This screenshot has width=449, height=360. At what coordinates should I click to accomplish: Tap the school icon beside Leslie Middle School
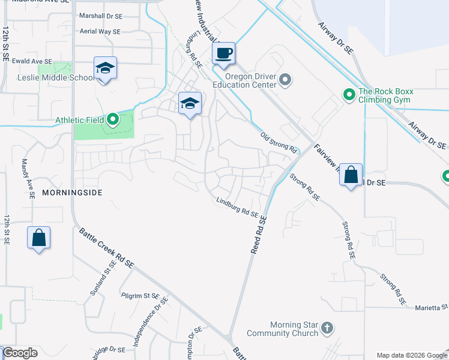click(x=105, y=68)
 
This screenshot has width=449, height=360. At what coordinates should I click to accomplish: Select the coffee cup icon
click(x=223, y=53)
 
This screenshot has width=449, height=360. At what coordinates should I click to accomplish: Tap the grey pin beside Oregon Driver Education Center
click(x=285, y=80)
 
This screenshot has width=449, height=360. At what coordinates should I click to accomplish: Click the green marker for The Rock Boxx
click(x=348, y=95)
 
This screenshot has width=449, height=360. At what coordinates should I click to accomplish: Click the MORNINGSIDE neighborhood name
click(x=73, y=193)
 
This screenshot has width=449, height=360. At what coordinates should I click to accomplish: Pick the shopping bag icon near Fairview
click(x=351, y=175)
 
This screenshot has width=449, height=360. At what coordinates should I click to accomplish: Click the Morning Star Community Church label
click(x=285, y=329)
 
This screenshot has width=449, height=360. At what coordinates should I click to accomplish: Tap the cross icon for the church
click(x=327, y=328)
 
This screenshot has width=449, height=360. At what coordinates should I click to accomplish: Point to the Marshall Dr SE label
click(x=100, y=16)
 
